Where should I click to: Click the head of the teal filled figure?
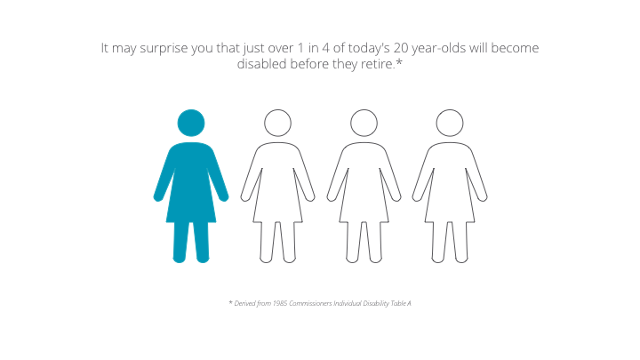pyautogui.click(x=191, y=123)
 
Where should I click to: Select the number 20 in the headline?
pyautogui.click(x=401, y=48)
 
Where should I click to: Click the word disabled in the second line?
pyautogui.click(x=261, y=64)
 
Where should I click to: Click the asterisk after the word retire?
pyautogui.click(x=399, y=61)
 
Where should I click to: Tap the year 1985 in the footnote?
pyautogui.click(x=280, y=303)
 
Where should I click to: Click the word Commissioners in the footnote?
pyautogui.click(x=310, y=303)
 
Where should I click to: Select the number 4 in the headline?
pyautogui.click(x=325, y=48)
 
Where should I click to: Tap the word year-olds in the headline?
pyautogui.click(x=439, y=49)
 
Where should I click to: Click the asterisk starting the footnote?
pyautogui.click(x=230, y=302)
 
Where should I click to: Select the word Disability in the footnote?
pyautogui.click(x=376, y=303)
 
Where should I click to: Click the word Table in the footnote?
pyautogui.click(x=398, y=303)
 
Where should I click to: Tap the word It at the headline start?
pyautogui.click(x=105, y=48)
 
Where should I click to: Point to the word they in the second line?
pyautogui.click(x=345, y=65)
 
